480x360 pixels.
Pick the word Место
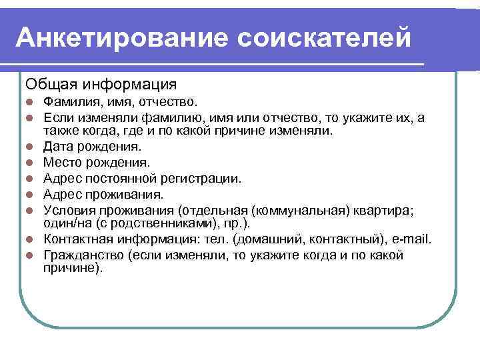point(62,162)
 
